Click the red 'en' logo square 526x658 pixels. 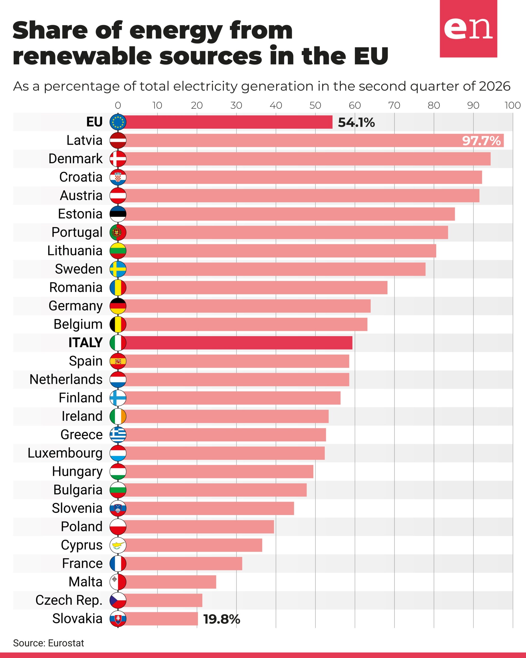[x=468, y=29]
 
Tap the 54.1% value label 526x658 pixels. [x=356, y=122]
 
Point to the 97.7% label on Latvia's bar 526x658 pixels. [x=481, y=141]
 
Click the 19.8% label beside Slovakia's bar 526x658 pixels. [x=222, y=619]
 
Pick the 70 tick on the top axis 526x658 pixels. [x=394, y=105]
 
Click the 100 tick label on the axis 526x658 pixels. [x=513, y=105]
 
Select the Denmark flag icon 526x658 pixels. [x=118, y=159]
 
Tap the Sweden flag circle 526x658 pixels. [x=118, y=269]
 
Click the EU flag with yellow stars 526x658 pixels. [x=118, y=122]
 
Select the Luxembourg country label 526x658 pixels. [x=65, y=453]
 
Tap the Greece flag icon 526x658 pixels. [x=118, y=435]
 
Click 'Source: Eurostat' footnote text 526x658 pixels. [x=49, y=643]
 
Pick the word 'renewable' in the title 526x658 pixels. [x=82, y=56]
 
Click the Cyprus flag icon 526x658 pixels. [x=118, y=545]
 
